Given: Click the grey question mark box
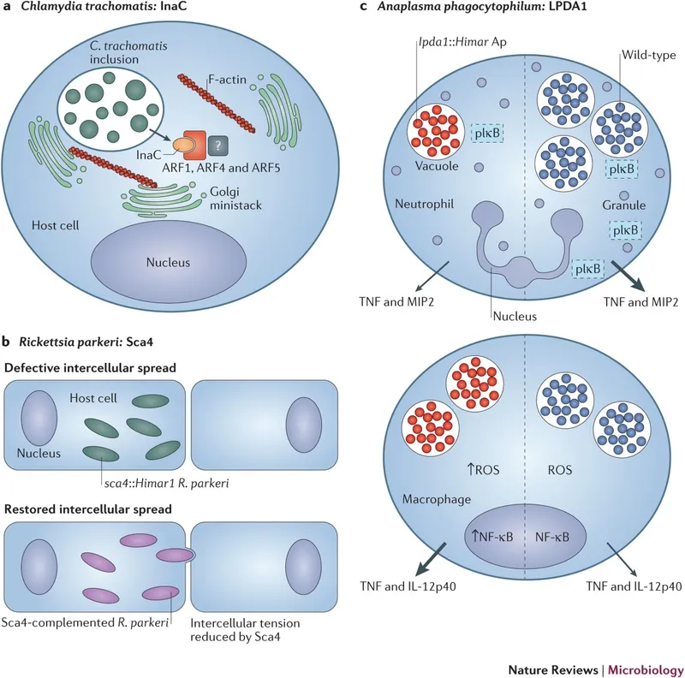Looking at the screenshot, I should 221,147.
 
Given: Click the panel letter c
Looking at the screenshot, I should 365,9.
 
